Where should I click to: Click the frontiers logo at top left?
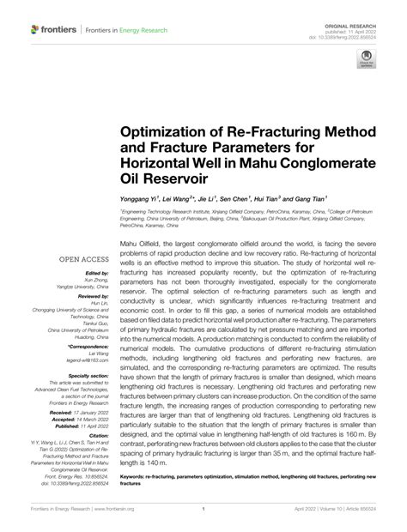53,29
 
